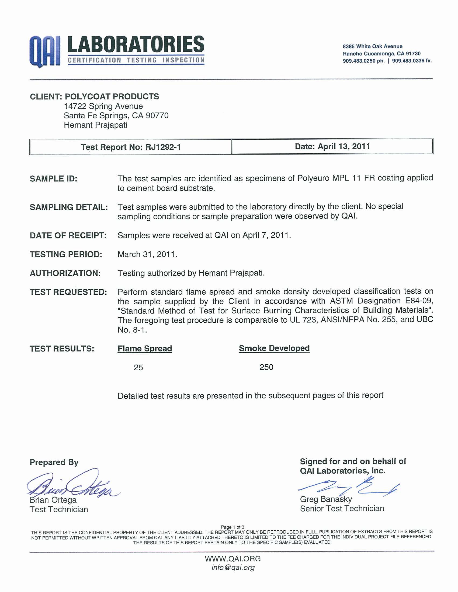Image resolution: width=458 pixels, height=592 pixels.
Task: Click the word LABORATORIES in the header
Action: (136, 45)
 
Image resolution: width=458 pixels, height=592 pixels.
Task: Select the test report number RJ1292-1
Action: (163, 147)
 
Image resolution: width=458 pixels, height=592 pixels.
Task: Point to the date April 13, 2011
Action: (344, 146)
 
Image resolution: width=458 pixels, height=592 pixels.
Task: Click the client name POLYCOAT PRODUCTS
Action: (112, 97)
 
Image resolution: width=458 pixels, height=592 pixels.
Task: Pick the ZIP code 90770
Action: (157, 115)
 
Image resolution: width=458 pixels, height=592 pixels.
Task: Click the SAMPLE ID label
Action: (53, 179)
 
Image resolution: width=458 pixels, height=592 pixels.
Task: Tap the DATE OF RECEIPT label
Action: (68, 235)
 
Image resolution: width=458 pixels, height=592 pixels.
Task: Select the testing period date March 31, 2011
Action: (147, 254)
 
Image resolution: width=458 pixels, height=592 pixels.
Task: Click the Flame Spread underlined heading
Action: (145, 348)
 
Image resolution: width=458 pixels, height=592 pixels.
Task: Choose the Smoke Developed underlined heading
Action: (274, 348)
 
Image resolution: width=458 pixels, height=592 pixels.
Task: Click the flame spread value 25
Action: (138, 368)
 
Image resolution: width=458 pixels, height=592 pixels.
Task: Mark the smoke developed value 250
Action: (266, 367)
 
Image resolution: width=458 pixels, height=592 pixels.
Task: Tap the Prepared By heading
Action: (54, 462)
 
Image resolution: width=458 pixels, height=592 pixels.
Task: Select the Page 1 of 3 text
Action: (233, 527)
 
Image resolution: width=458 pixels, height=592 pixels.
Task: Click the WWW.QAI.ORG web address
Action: (233, 559)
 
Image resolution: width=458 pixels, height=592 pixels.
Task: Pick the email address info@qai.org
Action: (233, 567)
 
